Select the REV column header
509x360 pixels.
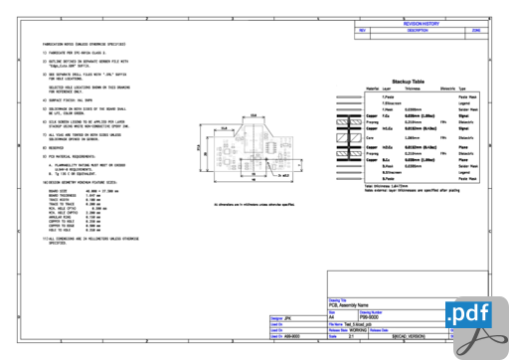coord(363,31)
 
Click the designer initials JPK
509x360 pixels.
coord(287,317)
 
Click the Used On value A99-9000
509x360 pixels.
coord(289,336)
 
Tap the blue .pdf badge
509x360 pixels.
coord(475,314)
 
